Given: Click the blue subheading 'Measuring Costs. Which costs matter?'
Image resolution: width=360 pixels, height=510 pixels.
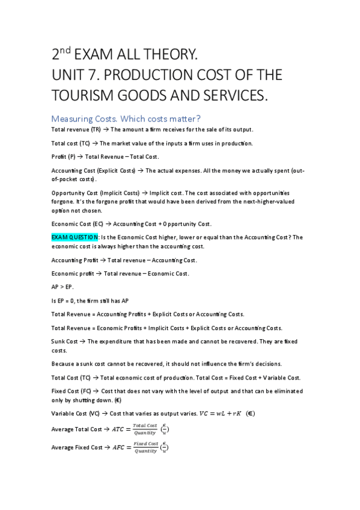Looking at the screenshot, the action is [126, 117].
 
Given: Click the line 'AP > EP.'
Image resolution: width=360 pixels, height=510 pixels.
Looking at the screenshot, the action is [62, 287].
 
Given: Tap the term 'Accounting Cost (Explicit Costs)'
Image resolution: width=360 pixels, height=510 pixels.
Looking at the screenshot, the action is [93, 170].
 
